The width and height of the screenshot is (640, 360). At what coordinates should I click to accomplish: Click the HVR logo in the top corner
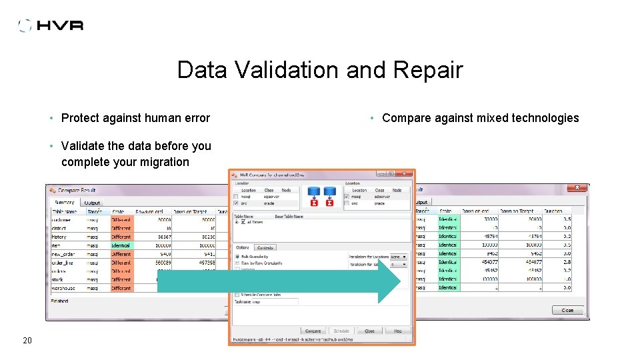point(51,25)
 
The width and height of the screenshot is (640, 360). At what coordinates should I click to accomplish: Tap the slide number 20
point(27,341)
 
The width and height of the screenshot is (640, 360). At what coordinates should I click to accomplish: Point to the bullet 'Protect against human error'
point(135,118)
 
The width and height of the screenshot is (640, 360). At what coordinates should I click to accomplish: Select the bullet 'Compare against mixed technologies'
point(480,118)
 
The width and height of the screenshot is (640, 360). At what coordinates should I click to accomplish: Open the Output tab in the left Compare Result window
point(92,203)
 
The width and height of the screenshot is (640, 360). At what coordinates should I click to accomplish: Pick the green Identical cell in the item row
point(121,245)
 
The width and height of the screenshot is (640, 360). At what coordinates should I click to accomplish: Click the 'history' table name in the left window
point(59,237)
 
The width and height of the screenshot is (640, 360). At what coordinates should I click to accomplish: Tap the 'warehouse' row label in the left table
point(65,288)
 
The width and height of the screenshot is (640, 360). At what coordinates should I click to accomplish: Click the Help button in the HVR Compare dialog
point(397,331)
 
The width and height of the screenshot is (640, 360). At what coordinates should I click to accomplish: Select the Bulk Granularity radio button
point(237,257)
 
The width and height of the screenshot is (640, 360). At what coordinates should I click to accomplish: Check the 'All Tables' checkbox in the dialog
point(244,222)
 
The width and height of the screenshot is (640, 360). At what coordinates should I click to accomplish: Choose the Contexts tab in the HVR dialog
point(265,247)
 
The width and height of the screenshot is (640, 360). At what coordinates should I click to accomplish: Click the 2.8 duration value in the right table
point(566,262)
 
